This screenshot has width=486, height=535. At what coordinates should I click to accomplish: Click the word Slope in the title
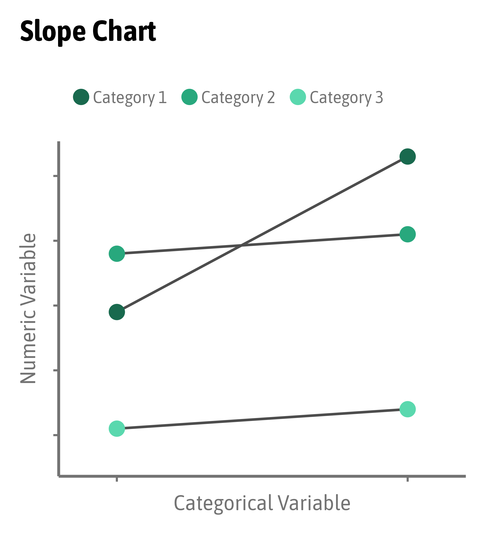pyautogui.click(x=53, y=31)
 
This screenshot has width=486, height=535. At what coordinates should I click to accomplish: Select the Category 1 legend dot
pyautogui.click(x=81, y=97)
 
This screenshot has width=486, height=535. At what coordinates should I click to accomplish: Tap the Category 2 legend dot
pyautogui.click(x=189, y=97)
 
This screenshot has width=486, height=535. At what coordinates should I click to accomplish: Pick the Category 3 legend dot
pyautogui.click(x=298, y=97)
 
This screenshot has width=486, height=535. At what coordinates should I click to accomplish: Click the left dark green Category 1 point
pyautogui.click(x=117, y=312)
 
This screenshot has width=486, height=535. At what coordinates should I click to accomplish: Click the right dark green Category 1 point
pyautogui.click(x=407, y=157)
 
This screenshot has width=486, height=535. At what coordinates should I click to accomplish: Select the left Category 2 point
pyautogui.click(x=117, y=254)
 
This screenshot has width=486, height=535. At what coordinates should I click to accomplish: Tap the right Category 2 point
pyautogui.click(x=407, y=234)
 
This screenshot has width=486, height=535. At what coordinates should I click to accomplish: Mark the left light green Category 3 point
pyautogui.click(x=117, y=428)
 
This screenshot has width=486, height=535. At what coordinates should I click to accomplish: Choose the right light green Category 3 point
pyautogui.click(x=407, y=409)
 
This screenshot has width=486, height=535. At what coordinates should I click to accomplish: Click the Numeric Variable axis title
pyautogui.click(x=28, y=308)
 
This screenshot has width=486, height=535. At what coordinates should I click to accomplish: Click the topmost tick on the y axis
pyautogui.click(x=56, y=176)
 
